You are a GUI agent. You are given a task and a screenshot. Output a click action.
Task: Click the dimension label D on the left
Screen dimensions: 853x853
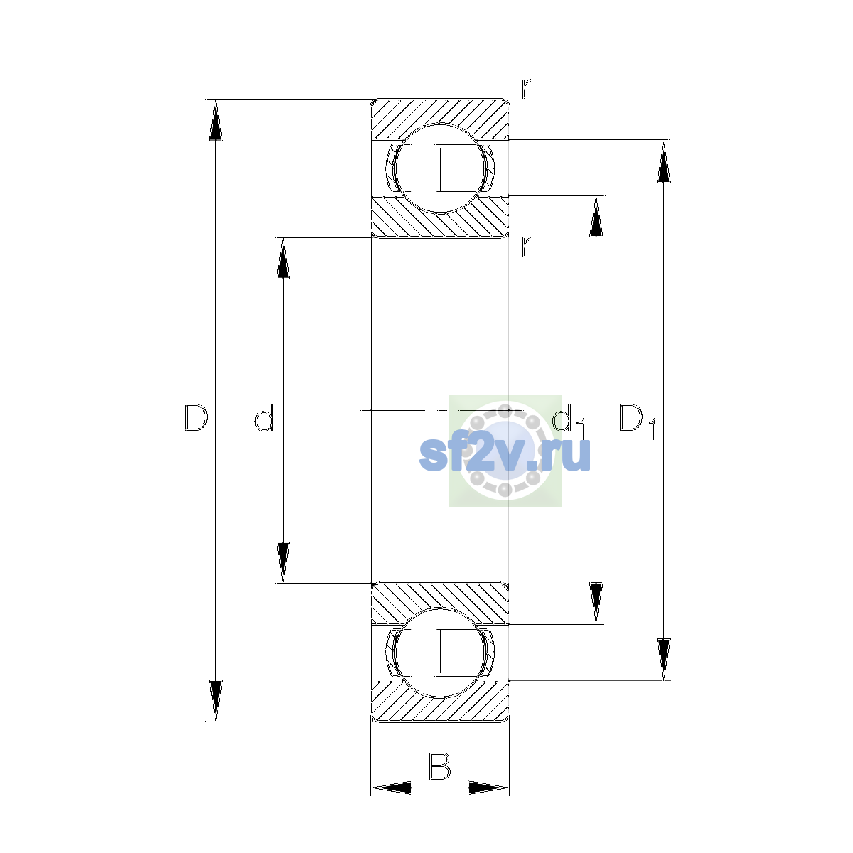pos(195,417)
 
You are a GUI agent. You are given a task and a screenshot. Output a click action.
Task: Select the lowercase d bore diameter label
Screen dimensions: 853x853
pos(264,417)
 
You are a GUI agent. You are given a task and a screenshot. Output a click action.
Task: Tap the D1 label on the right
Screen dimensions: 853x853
pos(636,421)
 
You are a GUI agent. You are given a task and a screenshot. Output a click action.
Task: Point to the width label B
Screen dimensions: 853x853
pos(439,766)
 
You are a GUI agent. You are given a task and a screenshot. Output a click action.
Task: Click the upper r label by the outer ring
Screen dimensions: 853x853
pos(526,88)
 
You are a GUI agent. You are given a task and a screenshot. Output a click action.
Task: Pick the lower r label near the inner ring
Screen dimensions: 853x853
pos(526,247)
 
